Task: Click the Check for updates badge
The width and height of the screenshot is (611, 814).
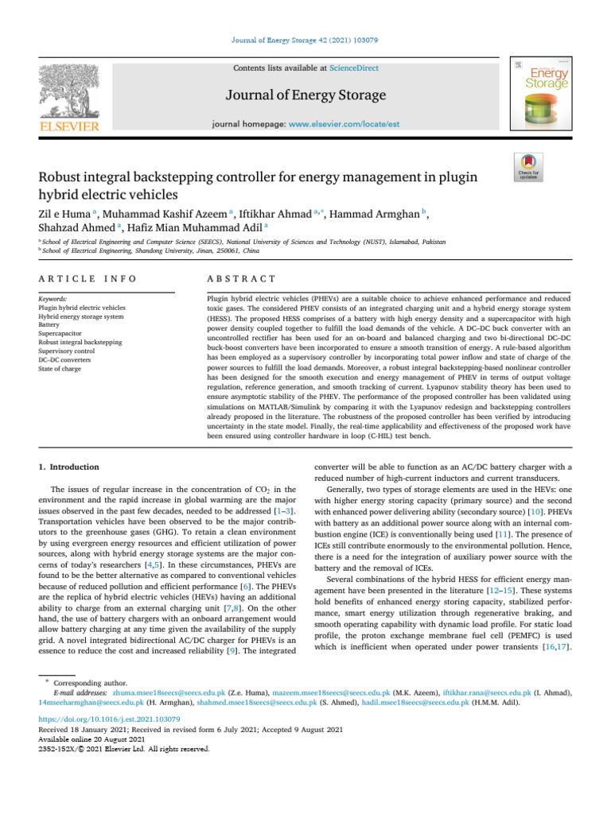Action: (x=529, y=168)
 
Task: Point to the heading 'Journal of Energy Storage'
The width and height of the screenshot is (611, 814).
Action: (x=305, y=96)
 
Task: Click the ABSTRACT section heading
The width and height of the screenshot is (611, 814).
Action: (x=240, y=279)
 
